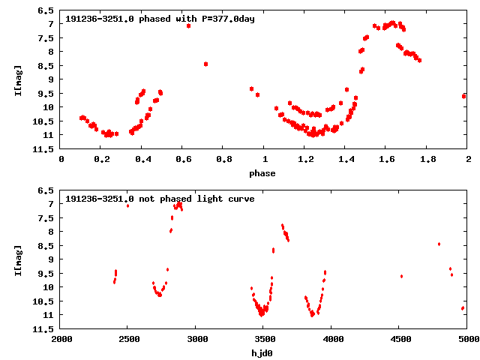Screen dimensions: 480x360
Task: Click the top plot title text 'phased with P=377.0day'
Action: [196, 19]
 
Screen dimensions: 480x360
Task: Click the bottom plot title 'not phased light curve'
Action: [196, 199]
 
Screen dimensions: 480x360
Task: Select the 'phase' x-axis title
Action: [262, 173]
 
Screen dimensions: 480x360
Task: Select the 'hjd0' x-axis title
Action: [262, 353]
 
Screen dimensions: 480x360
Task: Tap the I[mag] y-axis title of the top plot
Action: [18, 80]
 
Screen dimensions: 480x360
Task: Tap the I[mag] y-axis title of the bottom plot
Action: [18, 260]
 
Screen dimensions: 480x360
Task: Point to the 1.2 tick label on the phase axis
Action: [305, 159]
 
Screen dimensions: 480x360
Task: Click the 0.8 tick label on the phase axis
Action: [224, 159]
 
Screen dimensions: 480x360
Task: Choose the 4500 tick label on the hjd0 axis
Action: [401, 339]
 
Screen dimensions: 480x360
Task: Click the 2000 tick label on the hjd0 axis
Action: [61, 339]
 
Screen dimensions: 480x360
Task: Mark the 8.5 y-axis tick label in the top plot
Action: [46, 66]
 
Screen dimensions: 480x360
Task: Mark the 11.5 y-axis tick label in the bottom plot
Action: [43, 329]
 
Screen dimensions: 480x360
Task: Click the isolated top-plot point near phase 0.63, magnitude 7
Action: [188, 26]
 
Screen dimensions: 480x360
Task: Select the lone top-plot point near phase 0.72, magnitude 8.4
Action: [206, 64]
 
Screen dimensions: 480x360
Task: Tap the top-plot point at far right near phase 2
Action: [464, 97]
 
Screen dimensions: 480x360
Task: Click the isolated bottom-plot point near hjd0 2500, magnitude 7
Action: [127, 205]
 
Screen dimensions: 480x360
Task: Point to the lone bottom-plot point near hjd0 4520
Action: [402, 277]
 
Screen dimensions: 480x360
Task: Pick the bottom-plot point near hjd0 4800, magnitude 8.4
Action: [439, 244]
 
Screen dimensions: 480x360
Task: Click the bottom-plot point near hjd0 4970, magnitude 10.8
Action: [463, 308]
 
